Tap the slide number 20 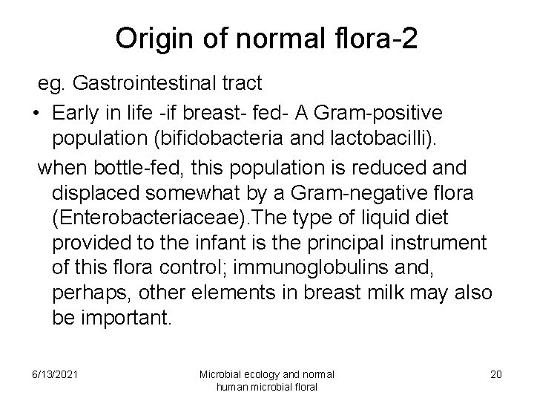click(x=495, y=374)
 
